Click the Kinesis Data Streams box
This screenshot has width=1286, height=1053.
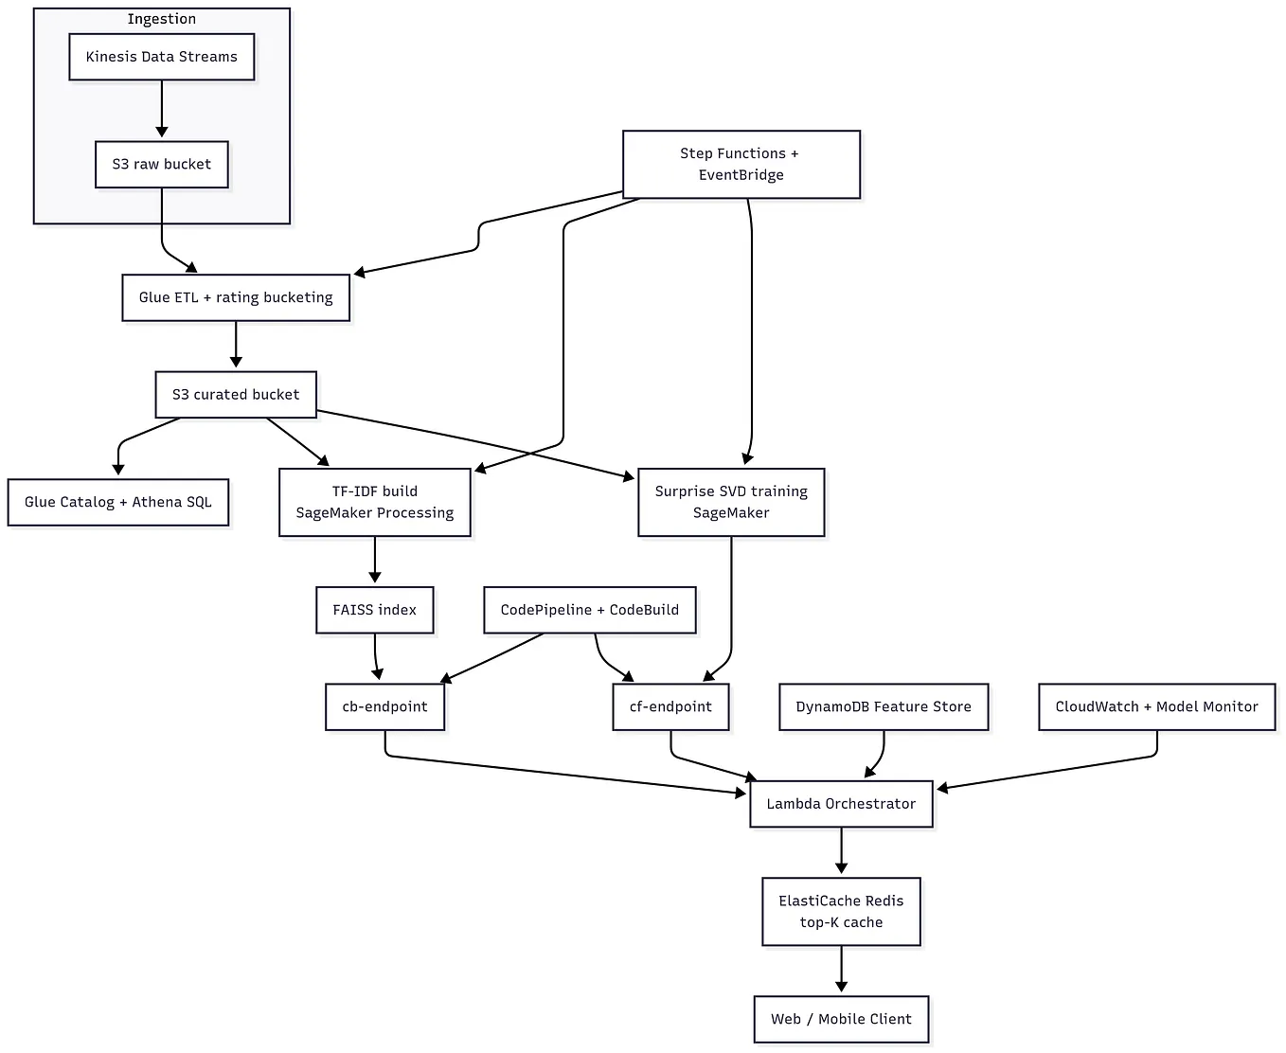tap(162, 57)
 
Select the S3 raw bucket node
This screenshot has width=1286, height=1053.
tap(162, 165)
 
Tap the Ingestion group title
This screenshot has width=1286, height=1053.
tap(162, 19)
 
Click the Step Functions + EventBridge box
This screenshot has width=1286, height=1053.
tap(741, 164)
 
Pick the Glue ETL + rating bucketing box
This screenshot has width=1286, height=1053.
tap(236, 297)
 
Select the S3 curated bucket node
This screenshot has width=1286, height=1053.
tap(236, 395)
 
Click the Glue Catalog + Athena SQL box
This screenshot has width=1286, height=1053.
tap(118, 502)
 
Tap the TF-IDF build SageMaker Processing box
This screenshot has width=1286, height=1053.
tap(375, 502)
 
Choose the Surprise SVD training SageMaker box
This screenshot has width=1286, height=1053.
tap(731, 502)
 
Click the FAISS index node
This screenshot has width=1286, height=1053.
tap(375, 610)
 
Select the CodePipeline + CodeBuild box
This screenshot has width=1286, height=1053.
tap(589, 610)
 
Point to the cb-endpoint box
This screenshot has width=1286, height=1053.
tap(384, 706)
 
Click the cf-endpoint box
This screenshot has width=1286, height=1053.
tap(670, 706)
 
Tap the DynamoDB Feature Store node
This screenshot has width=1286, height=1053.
tap(884, 706)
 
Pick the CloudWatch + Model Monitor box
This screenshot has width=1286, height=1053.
tap(1156, 706)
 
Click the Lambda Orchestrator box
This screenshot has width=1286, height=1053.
tap(841, 804)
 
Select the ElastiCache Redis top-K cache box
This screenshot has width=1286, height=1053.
tap(841, 911)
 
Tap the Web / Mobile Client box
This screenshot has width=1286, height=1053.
tap(841, 1019)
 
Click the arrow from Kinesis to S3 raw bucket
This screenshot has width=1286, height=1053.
tap(162, 110)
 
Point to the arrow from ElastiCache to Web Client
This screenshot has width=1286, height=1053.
tap(841, 970)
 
